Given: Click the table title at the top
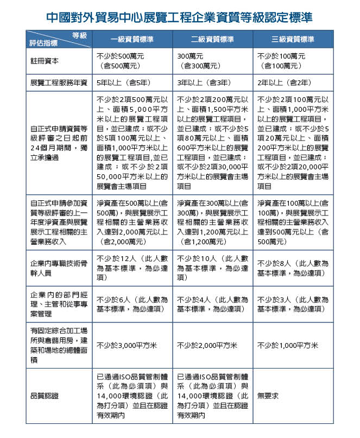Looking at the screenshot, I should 179,17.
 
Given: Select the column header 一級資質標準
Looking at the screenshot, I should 132,40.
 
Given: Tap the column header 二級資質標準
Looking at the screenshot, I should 212,40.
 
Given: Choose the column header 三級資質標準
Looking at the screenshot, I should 293,40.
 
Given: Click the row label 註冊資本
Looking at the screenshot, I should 43,61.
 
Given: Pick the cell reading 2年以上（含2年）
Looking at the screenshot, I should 285,83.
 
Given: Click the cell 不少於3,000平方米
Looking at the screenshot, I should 127,346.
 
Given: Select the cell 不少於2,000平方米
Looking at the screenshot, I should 207,346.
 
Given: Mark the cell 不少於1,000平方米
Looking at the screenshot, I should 288,346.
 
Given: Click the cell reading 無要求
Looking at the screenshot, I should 268,396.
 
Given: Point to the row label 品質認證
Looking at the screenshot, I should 43,396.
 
